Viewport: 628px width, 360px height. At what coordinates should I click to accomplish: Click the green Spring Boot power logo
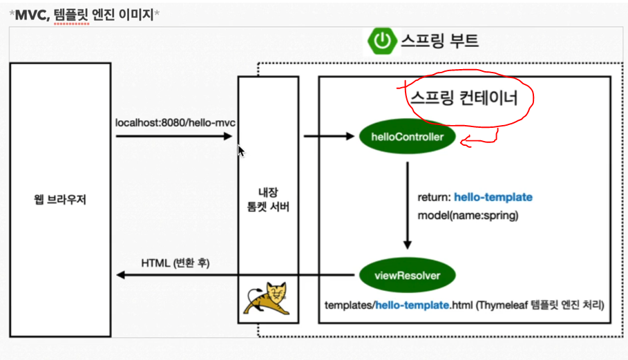[381, 41]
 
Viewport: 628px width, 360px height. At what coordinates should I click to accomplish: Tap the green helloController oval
[407, 137]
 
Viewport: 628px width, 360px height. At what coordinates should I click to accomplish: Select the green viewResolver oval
[407, 276]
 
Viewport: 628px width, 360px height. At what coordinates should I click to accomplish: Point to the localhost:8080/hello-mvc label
[175, 122]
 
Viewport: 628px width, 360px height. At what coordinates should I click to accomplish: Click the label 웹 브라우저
[60, 201]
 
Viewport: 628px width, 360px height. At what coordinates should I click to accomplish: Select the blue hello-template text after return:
[493, 198]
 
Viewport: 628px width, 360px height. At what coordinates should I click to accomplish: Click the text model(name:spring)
[467, 215]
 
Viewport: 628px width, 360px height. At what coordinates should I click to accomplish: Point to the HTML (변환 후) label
[175, 263]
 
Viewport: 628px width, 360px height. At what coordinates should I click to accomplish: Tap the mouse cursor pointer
[241, 151]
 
